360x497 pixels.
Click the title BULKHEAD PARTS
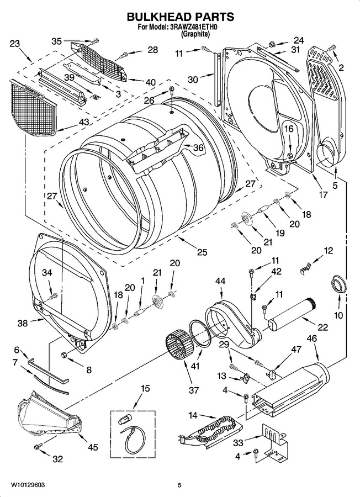point(181,17)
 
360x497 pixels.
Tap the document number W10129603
point(28,485)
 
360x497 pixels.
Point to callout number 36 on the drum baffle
point(198,148)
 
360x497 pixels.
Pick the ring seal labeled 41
point(200,333)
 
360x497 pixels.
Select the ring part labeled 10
point(339,284)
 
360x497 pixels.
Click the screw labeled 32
point(38,447)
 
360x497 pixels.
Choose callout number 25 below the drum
point(202,252)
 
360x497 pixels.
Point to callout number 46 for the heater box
point(312,339)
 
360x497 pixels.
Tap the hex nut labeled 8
point(63,354)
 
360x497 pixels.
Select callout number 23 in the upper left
point(15,44)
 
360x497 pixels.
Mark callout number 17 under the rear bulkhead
point(322,194)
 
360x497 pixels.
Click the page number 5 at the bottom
point(179,485)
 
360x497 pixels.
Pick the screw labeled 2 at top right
point(331,47)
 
